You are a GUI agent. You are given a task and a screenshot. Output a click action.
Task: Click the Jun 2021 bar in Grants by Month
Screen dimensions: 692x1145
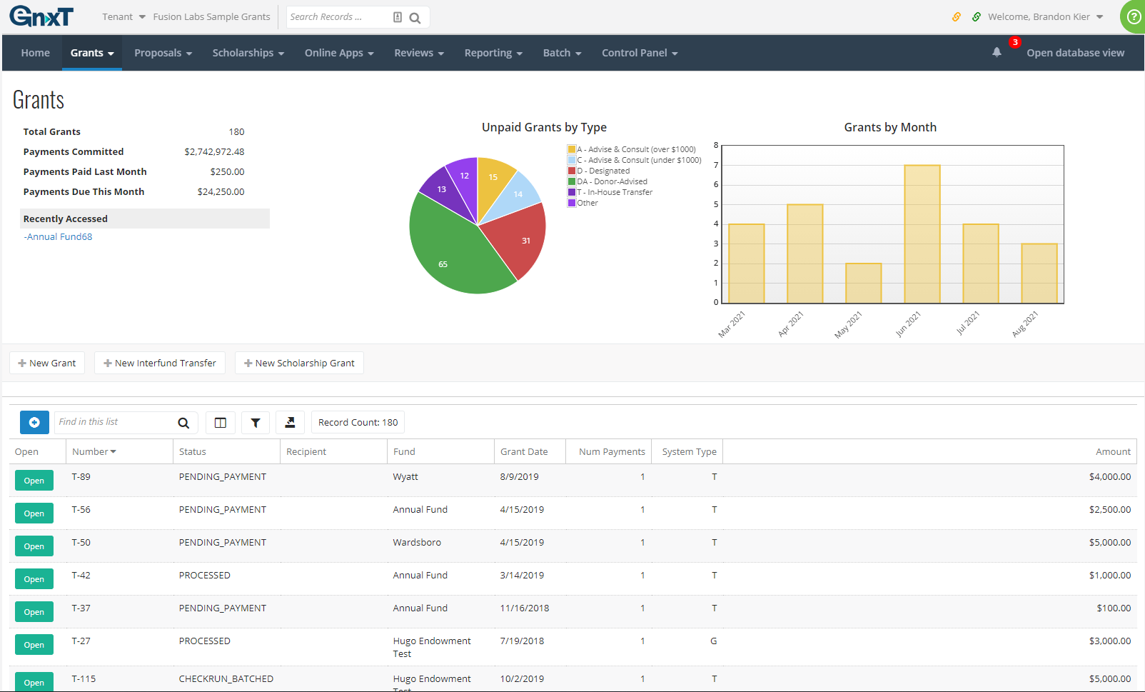point(922,234)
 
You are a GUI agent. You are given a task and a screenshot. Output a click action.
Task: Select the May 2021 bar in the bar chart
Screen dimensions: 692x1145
point(863,284)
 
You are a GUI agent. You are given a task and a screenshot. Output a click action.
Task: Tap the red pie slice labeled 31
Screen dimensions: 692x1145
point(519,243)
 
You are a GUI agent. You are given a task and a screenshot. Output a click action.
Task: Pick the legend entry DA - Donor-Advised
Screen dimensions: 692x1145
point(612,181)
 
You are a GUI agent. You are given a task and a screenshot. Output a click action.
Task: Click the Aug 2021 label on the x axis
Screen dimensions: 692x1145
point(1025,324)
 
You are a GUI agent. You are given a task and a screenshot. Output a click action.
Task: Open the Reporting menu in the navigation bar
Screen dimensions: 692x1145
point(493,53)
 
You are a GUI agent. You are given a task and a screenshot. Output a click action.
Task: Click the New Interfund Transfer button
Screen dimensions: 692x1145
point(160,363)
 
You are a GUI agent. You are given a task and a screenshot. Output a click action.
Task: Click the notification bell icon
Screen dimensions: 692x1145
point(997,52)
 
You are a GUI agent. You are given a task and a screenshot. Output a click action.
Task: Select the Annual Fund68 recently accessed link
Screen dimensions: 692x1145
point(59,237)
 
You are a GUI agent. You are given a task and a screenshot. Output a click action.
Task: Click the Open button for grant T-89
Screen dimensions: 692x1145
point(34,481)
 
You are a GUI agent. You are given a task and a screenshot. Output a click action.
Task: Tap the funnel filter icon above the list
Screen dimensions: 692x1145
point(255,423)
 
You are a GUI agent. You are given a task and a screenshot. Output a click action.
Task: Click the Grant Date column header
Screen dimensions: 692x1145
point(524,452)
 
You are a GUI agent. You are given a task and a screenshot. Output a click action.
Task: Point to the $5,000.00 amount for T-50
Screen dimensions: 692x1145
point(1109,543)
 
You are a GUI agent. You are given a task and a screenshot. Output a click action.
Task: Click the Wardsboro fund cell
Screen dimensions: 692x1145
point(417,543)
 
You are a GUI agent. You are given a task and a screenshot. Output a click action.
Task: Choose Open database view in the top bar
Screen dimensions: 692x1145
point(1075,53)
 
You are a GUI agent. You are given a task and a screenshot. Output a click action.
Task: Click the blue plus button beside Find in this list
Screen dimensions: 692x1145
point(34,423)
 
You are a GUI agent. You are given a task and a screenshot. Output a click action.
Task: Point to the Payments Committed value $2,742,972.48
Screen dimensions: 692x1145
point(214,152)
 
